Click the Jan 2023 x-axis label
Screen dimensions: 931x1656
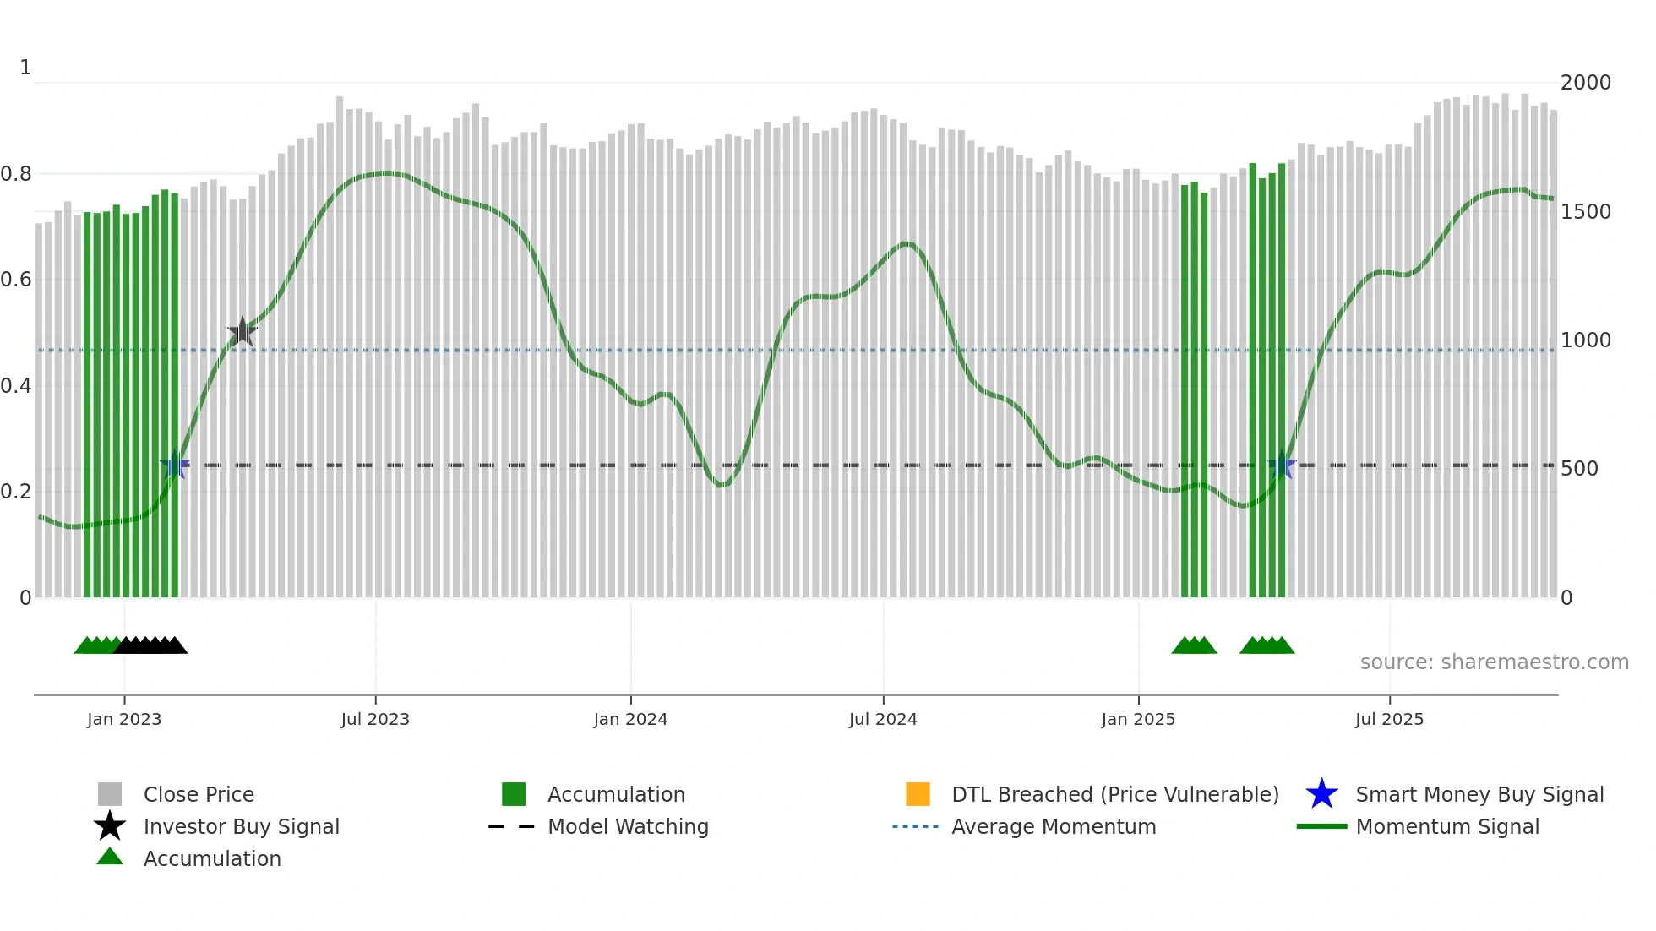124,719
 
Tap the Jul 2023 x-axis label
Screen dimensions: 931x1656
375,719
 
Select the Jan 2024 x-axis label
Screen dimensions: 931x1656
630,719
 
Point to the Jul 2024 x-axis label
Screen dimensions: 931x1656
883,719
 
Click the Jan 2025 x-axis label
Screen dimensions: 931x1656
1138,719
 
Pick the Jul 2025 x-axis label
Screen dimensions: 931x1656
1389,719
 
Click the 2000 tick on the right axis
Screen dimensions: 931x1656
1585,83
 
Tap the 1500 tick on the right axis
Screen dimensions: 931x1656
1585,212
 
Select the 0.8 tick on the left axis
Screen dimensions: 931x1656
16,174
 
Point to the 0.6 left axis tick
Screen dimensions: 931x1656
16,280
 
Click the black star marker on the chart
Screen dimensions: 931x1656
242,332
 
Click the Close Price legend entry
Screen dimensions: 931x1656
199,794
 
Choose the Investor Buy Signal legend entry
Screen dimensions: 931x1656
241,826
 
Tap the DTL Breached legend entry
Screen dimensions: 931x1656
1114,794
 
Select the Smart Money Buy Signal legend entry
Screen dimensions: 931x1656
1479,794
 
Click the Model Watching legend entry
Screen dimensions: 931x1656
628,826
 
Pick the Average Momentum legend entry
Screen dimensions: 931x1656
1054,826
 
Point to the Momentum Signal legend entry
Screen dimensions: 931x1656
1447,826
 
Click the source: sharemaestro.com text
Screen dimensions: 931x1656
1494,662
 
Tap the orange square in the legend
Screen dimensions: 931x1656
918,794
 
